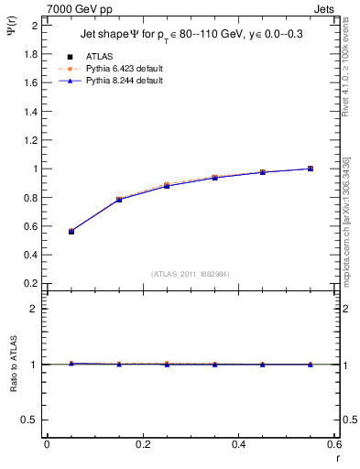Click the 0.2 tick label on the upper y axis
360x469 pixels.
pos(30,284)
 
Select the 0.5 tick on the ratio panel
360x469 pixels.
pos(30,420)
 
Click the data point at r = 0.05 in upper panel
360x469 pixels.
pos(71,232)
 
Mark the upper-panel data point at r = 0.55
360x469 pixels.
pos(311,169)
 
